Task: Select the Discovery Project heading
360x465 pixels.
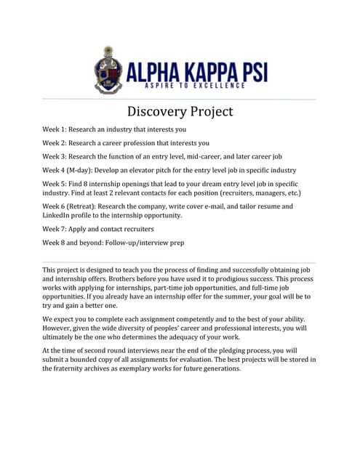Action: [180, 111]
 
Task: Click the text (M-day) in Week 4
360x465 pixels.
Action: [84, 170]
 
